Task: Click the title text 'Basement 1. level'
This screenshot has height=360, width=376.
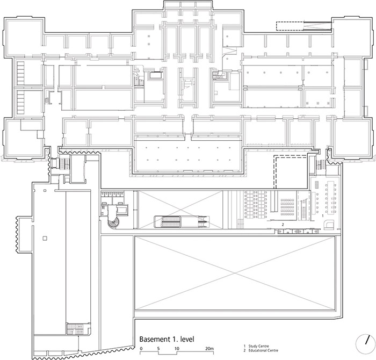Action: [166, 340]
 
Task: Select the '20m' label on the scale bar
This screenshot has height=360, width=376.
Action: [209, 349]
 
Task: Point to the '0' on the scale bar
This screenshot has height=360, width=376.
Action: [141, 349]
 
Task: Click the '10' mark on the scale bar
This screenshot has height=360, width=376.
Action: [176, 349]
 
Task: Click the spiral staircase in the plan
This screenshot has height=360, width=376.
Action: [114, 222]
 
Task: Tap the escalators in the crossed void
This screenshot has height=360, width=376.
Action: [180, 220]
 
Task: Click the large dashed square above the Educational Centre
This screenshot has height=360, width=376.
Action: [291, 171]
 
